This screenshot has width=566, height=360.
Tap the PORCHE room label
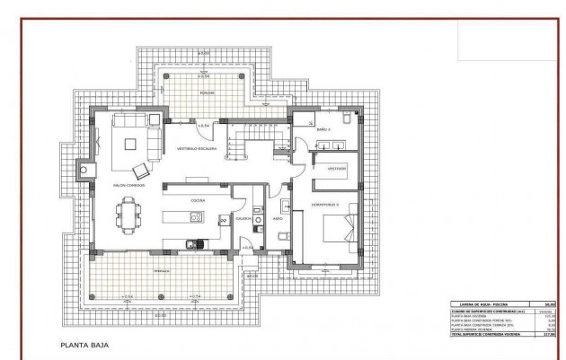(206, 92)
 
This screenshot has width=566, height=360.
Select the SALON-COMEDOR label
(129, 185)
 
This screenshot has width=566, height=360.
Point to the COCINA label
(198, 200)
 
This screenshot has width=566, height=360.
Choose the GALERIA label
(242, 217)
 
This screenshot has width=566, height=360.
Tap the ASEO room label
(279, 217)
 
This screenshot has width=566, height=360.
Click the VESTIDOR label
(337, 168)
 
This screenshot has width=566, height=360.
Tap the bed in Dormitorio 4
(340, 228)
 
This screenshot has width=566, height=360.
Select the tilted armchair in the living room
(140, 169)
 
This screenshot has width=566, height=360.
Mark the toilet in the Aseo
(281, 236)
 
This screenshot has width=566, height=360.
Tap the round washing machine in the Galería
(257, 218)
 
